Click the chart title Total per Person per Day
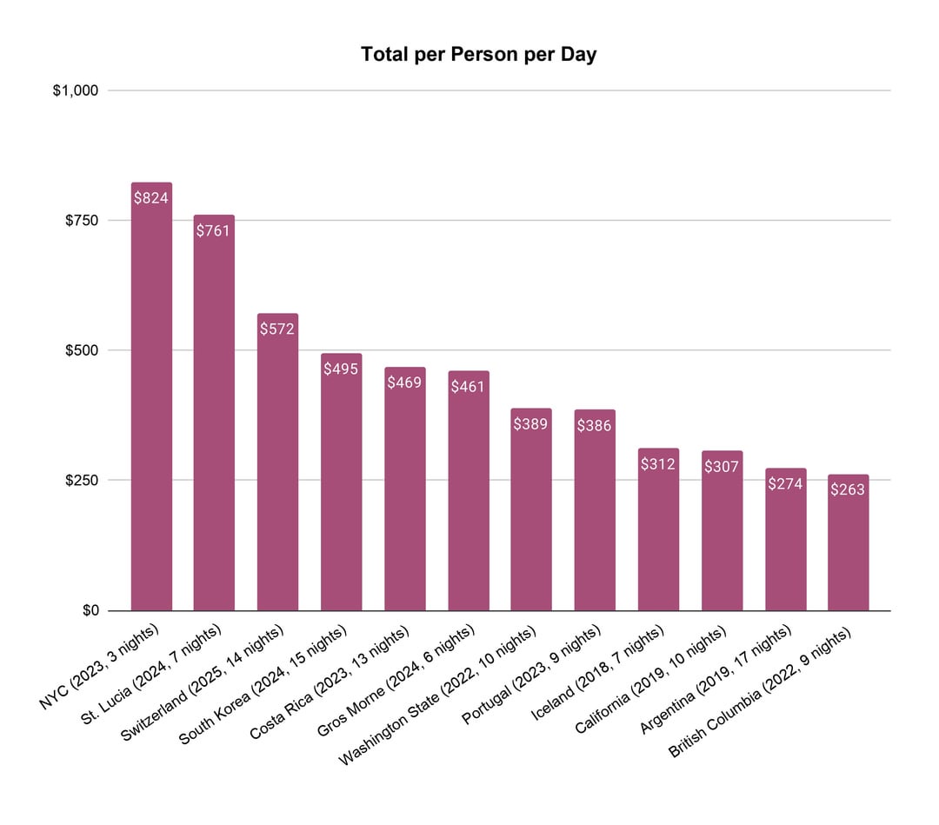coord(479,55)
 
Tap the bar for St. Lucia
coord(214,417)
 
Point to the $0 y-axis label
coord(90,611)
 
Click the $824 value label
coord(151,198)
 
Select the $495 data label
coord(341,369)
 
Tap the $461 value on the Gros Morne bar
coord(469,386)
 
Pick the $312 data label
coord(658,464)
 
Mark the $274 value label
coord(785,483)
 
